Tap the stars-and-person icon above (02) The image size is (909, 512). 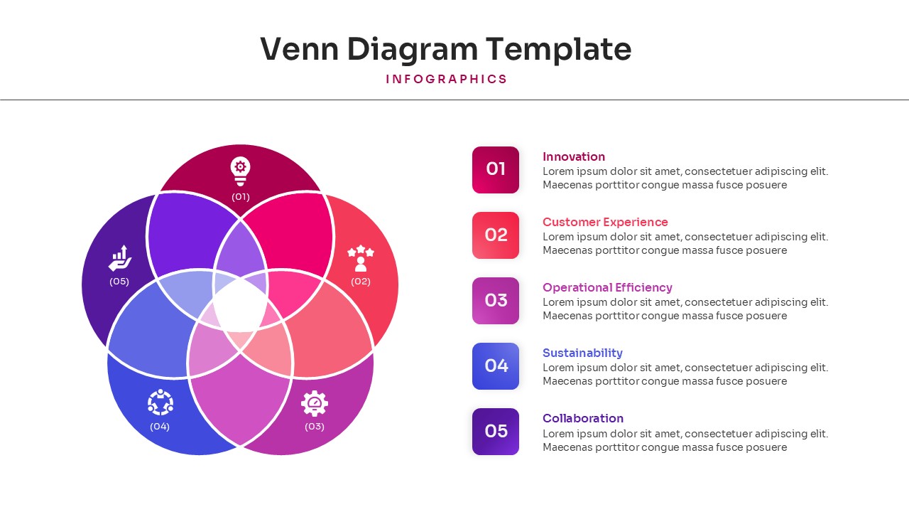(x=361, y=258)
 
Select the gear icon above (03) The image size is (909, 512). (x=315, y=403)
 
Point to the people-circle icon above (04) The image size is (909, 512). (x=160, y=402)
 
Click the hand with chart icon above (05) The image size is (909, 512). (x=120, y=258)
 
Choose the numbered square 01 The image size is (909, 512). (x=496, y=170)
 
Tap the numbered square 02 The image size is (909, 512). (x=496, y=235)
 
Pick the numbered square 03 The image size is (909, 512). (x=496, y=301)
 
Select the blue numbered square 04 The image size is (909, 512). (x=496, y=366)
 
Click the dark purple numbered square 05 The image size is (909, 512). (x=496, y=432)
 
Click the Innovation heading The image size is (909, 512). (x=574, y=156)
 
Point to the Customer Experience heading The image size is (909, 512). (x=605, y=222)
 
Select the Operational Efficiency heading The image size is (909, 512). (x=607, y=287)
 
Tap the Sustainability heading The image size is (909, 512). (x=582, y=353)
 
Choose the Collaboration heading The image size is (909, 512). (x=583, y=418)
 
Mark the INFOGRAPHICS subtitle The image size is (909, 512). (x=447, y=79)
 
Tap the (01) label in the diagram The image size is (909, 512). (x=241, y=197)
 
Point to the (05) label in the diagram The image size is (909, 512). (x=119, y=282)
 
